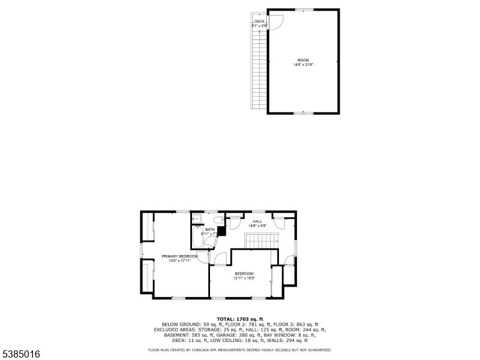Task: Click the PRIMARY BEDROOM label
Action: point(179,256)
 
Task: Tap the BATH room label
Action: point(210,229)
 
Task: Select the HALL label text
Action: point(257,221)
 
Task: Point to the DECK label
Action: point(259,22)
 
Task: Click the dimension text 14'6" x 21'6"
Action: point(304,65)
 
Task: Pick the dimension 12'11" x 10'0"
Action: point(244,278)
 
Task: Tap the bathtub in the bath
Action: point(197,239)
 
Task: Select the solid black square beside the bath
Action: point(221,229)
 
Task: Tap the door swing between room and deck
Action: point(275,25)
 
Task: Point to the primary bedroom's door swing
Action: point(203,257)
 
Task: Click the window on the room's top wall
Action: point(304,10)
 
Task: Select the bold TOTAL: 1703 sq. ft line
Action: point(240,319)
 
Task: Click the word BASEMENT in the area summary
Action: point(169,335)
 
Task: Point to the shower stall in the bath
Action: point(196,219)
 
